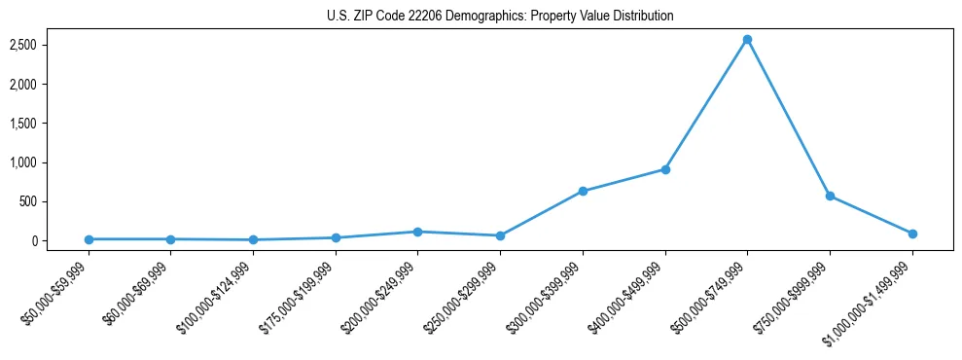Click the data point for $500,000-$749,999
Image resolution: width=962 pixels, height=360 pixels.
[747, 40]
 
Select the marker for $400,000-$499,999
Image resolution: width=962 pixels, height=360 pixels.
[665, 169]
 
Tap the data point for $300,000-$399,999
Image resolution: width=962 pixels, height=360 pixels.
[583, 191]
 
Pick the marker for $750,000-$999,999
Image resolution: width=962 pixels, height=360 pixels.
[830, 196]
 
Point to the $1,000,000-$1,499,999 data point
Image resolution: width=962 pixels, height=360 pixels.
[912, 234]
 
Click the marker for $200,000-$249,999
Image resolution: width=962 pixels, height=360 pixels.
[417, 232]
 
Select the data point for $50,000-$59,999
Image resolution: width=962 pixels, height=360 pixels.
[89, 239]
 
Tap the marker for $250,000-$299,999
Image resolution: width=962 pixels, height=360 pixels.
[500, 235]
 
